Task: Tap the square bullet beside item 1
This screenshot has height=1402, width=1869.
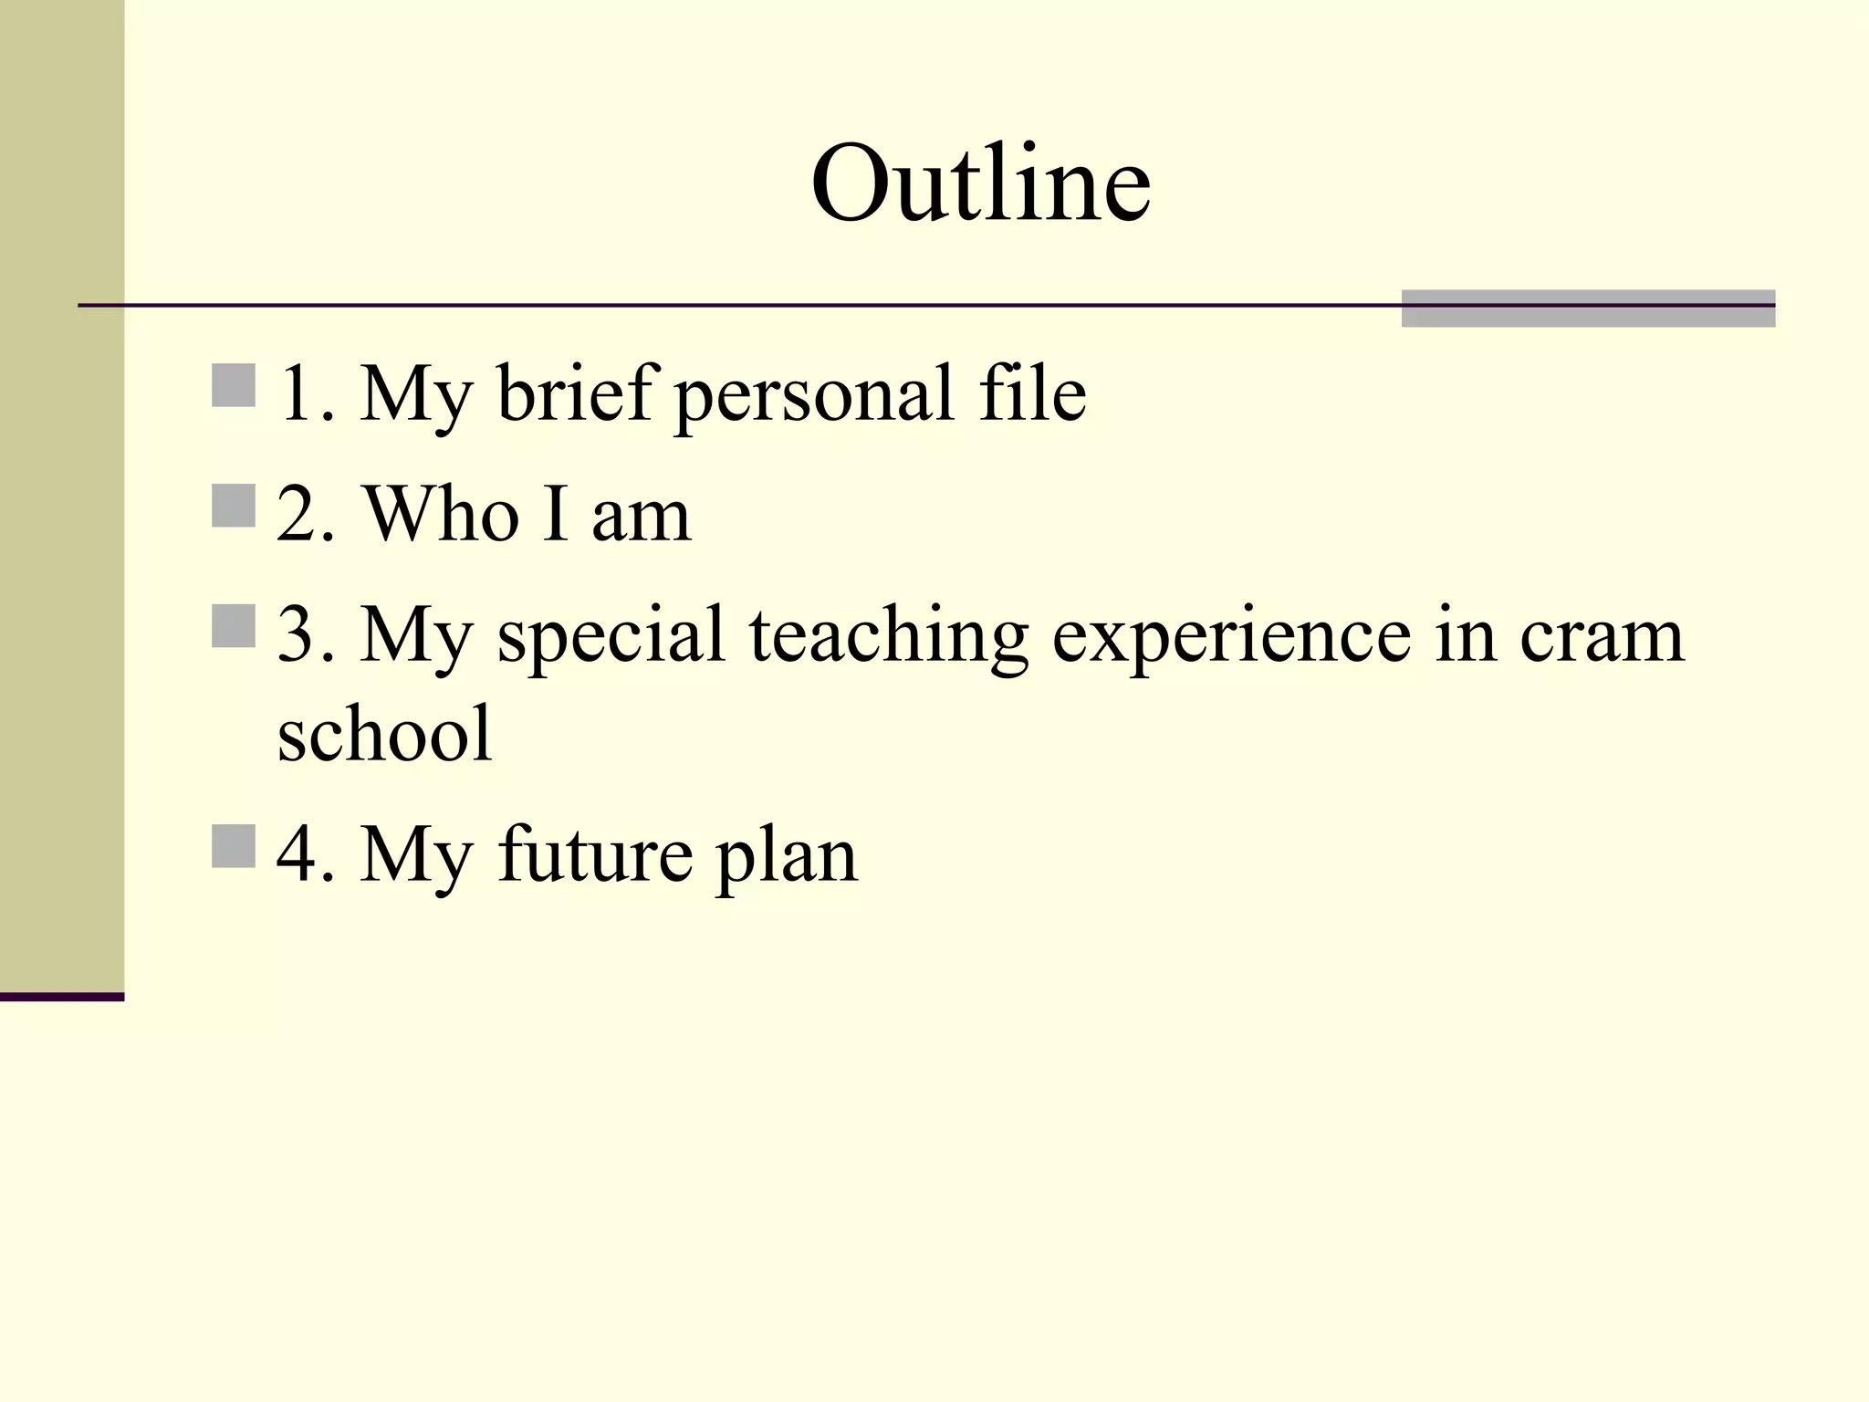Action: coord(233,385)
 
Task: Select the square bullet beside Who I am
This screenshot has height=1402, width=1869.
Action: coord(233,506)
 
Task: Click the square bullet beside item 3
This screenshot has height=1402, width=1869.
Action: coord(233,626)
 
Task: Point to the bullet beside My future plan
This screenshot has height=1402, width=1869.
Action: coord(233,846)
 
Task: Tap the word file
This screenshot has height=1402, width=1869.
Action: coord(1032,392)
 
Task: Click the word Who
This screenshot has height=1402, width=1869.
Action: coord(442,514)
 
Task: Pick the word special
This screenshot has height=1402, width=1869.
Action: coord(611,636)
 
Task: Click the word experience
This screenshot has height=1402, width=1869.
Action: coord(1232,636)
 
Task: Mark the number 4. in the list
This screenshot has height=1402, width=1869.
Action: coord(306,855)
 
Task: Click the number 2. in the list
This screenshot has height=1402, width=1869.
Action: coord(306,514)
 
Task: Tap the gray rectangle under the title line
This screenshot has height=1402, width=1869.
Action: coord(1588,309)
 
